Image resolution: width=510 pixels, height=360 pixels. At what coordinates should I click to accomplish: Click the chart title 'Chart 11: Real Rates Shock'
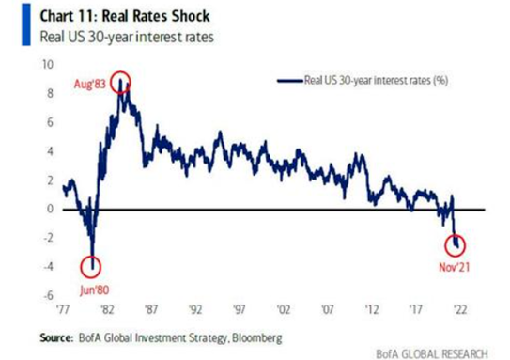(125, 16)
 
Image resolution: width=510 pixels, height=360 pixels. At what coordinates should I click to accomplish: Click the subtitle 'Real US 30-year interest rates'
(127, 37)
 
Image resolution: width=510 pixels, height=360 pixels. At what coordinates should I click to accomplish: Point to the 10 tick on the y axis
(48, 65)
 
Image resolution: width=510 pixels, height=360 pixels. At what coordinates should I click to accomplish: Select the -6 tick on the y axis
(49, 295)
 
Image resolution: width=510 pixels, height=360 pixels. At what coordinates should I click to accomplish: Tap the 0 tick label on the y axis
(50, 209)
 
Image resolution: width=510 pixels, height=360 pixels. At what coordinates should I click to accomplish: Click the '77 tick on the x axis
(63, 309)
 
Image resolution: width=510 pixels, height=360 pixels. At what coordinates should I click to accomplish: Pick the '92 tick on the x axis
(195, 309)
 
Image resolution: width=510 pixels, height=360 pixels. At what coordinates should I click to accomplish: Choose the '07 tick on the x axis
(328, 309)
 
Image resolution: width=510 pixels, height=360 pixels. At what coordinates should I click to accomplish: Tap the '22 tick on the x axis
(460, 309)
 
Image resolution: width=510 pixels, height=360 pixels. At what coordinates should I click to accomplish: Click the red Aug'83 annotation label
(90, 85)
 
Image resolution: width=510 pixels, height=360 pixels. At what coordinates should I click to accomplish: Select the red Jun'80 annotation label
(94, 290)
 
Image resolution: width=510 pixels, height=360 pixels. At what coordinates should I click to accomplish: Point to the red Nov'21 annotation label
(455, 268)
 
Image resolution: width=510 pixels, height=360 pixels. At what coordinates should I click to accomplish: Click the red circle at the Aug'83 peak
(110, 83)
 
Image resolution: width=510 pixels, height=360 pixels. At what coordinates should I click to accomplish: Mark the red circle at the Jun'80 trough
(81, 267)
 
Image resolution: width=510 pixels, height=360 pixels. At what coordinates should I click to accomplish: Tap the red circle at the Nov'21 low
(444, 245)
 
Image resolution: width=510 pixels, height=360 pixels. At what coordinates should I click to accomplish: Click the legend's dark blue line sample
(290, 81)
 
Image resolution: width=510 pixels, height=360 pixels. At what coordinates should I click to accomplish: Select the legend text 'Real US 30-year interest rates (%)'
(376, 80)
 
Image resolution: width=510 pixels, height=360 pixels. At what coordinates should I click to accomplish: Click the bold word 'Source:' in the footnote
(56, 337)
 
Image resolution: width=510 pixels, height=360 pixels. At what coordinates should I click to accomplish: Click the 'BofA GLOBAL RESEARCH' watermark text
(432, 353)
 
